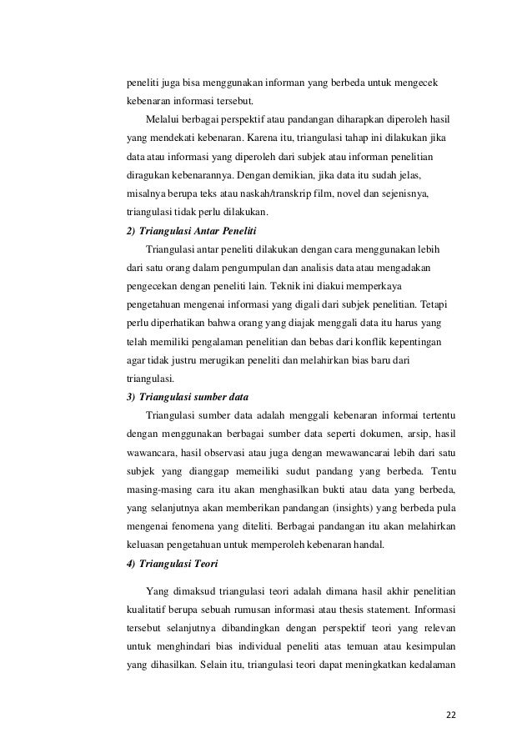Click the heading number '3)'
pos(130,395)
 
